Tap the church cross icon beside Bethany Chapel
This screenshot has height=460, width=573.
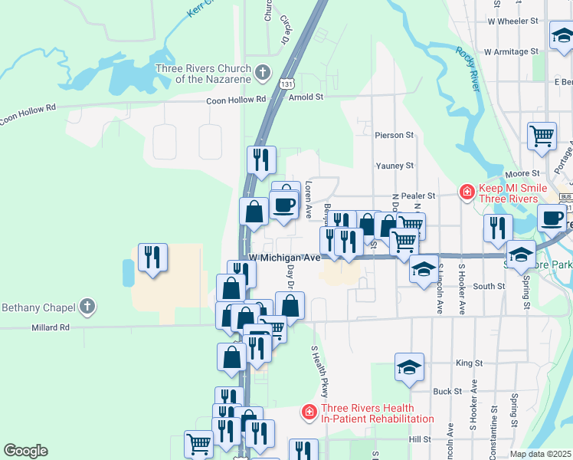pos(87,307)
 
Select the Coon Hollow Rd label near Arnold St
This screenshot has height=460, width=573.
pos(235,100)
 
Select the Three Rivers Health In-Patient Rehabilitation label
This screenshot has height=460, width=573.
pos(377,413)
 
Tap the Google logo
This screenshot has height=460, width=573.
pos(25,451)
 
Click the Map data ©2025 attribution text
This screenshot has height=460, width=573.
pos(539,454)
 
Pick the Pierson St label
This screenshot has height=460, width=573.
pos(394,135)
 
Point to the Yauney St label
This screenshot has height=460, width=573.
pos(395,166)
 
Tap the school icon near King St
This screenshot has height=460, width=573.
pos(409,367)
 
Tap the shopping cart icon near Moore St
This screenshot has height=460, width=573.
pos(542,136)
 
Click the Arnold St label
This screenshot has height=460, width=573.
pos(306,98)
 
